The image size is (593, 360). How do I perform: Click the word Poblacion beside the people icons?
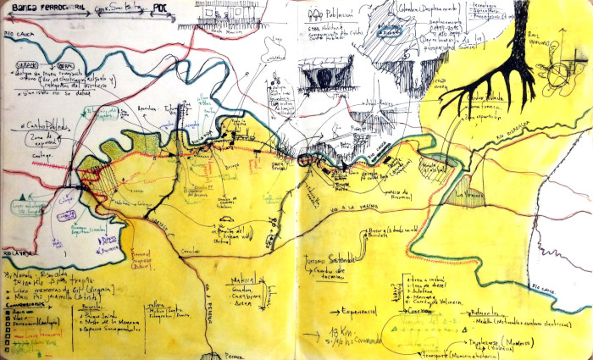click(343, 14)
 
